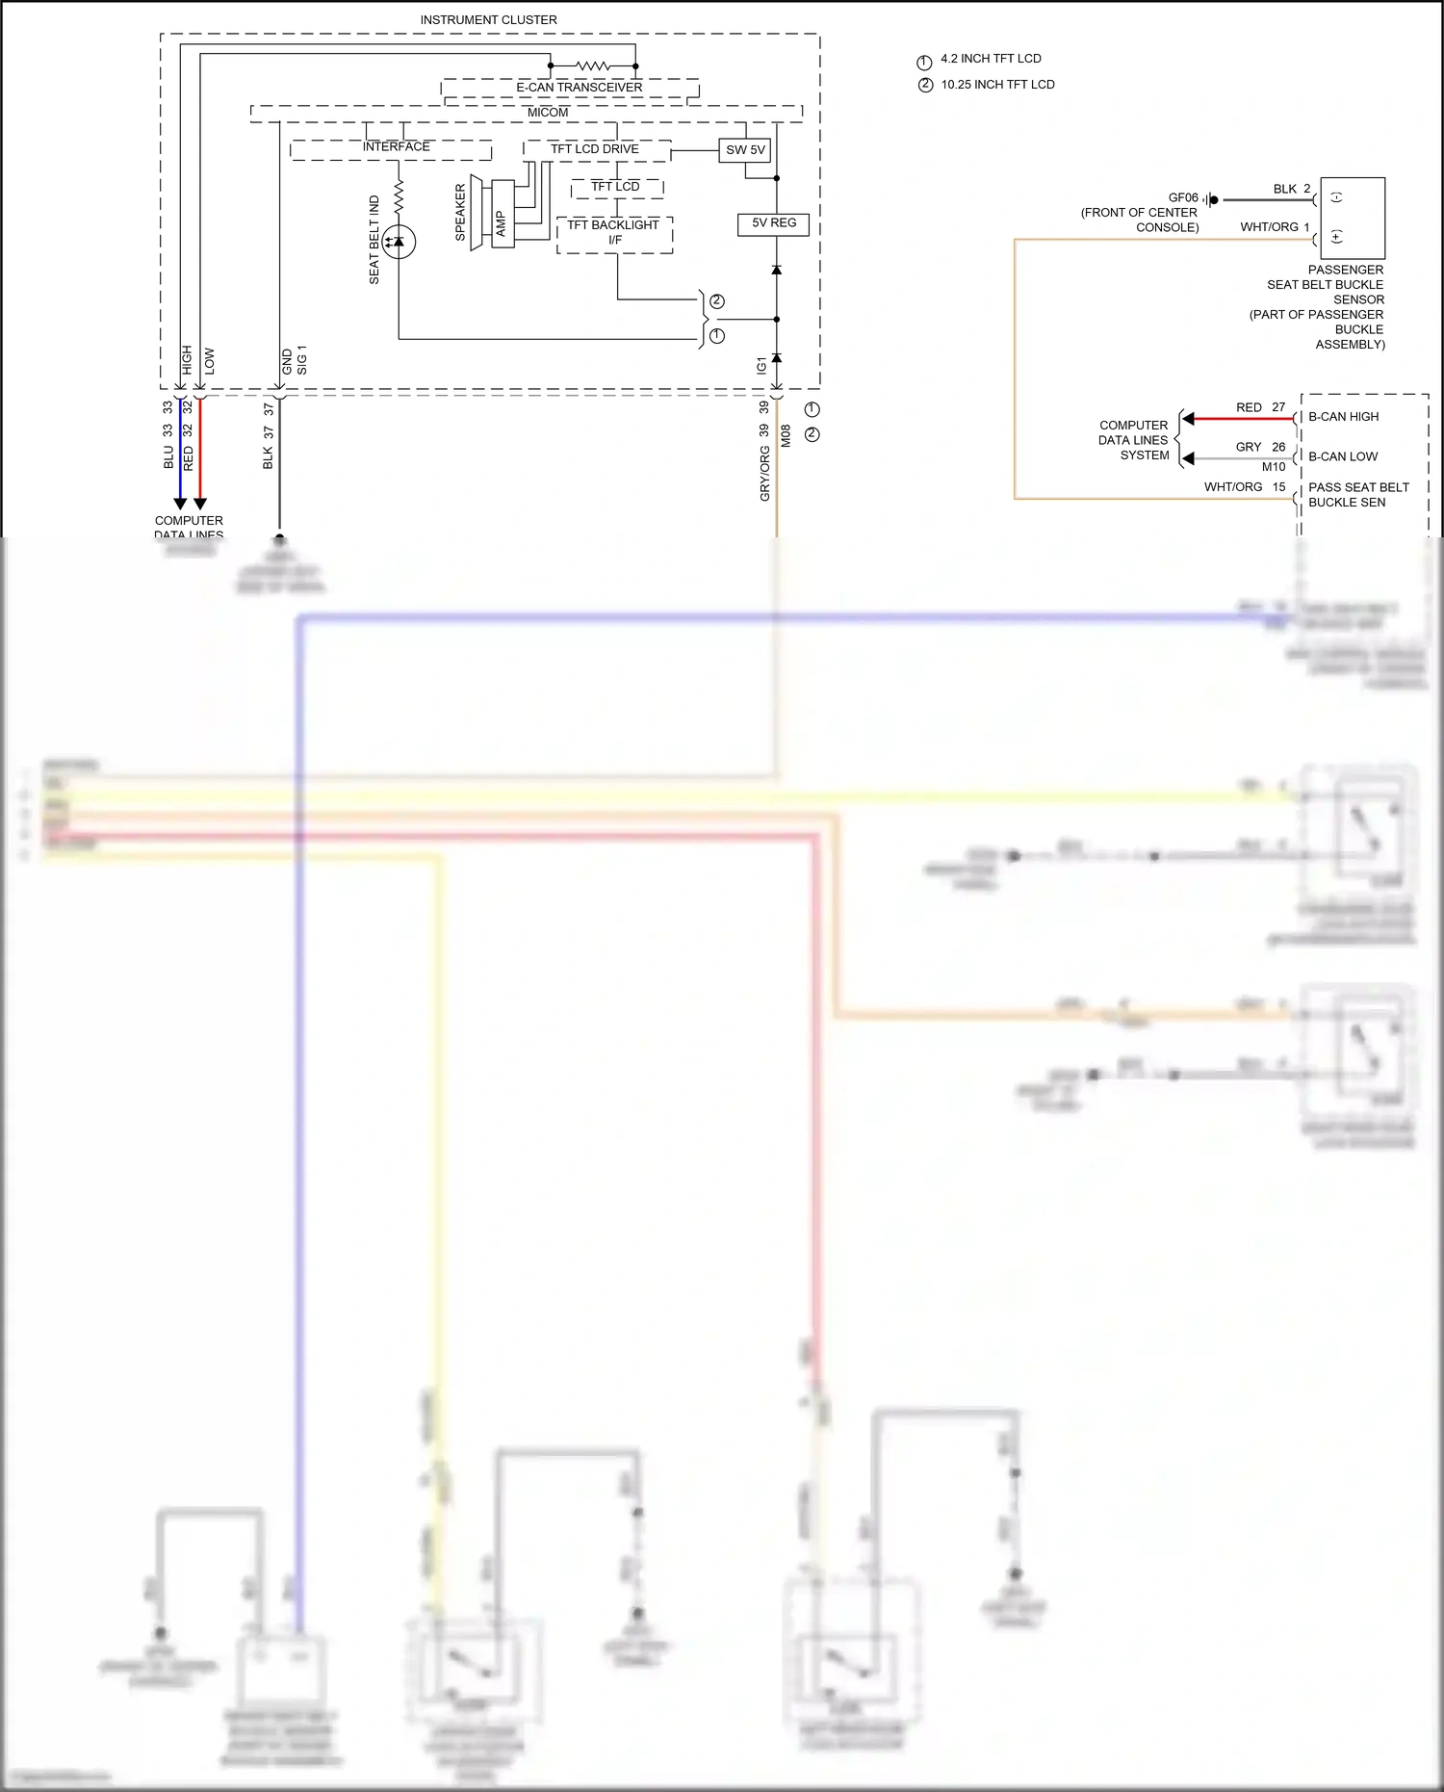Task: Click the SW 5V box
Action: click(745, 150)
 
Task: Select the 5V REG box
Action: click(774, 223)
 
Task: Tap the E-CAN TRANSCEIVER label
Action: click(579, 88)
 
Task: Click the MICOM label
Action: click(548, 113)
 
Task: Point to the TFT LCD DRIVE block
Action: click(595, 149)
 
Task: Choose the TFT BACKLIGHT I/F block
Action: click(614, 232)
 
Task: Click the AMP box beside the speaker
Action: click(502, 223)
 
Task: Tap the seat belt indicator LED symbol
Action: click(399, 242)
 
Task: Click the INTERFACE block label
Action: click(396, 147)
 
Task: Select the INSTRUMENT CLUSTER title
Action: click(488, 20)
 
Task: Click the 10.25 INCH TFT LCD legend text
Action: click(997, 85)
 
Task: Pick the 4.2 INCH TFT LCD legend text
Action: click(991, 59)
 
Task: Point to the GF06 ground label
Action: click(1183, 197)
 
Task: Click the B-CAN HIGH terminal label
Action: click(1343, 417)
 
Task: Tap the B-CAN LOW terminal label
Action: click(1342, 456)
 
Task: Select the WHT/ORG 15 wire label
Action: click(1244, 487)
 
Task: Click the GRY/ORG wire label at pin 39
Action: click(765, 472)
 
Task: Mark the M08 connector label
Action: click(786, 436)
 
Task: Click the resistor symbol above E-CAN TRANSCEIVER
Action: click(592, 65)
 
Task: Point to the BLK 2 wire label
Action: click(1291, 189)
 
